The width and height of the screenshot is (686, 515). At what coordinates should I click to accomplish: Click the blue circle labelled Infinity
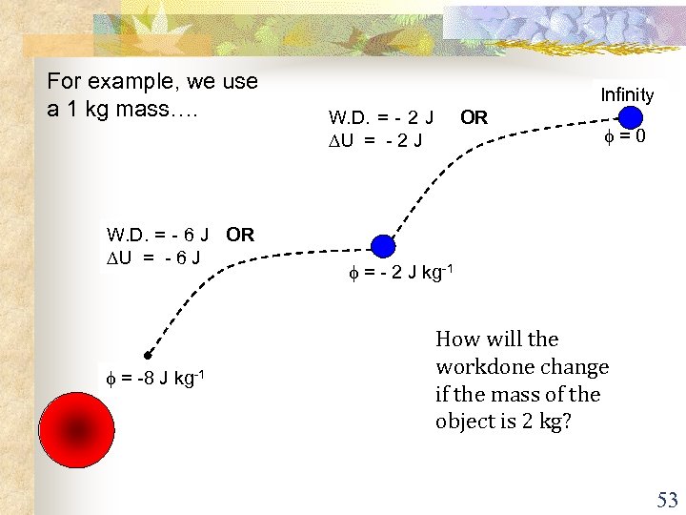click(x=630, y=117)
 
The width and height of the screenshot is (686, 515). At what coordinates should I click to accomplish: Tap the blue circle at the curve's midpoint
click(x=383, y=246)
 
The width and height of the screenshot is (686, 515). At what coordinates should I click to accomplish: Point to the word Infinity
click(x=627, y=94)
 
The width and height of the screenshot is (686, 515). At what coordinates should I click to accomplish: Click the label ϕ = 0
click(x=624, y=136)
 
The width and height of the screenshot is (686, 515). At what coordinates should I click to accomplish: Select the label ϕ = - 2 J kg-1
click(x=399, y=274)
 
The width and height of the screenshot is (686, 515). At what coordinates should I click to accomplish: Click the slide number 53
click(x=666, y=500)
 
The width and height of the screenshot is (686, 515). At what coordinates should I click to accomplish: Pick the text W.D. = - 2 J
click(x=381, y=118)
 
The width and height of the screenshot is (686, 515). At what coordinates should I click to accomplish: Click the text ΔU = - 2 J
click(x=375, y=140)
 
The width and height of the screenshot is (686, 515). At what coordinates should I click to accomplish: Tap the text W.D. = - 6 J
click(x=158, y=235)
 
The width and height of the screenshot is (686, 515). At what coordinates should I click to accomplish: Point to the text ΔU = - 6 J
click(x=153, y=257)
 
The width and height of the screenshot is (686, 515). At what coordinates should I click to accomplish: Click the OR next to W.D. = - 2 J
click(x=474, y=118)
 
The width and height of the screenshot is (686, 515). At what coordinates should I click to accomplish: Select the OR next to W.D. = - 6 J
click(x=240, y=235)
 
